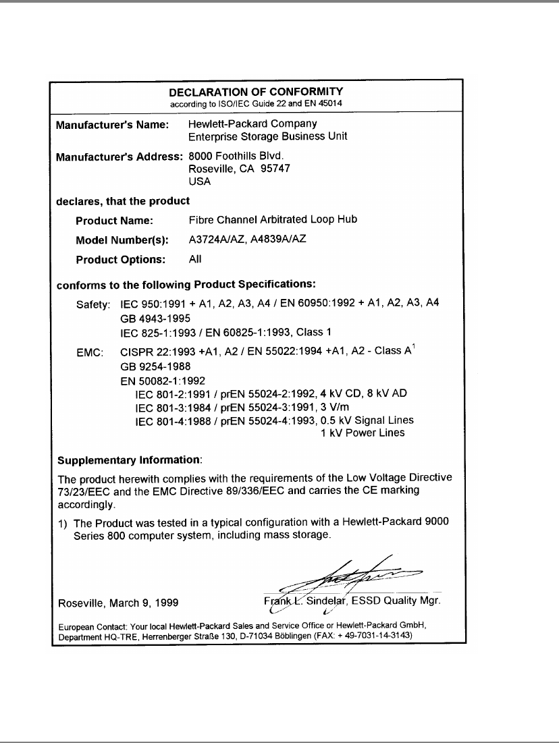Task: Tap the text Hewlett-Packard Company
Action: click(x=252, y=124)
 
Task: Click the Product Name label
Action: click(x=115, y=220)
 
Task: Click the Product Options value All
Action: click(x=195, y=258)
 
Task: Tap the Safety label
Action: click(x=93, y=305)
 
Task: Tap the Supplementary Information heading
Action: click(x=130, y=460)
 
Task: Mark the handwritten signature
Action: click(x=351, y=574)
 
